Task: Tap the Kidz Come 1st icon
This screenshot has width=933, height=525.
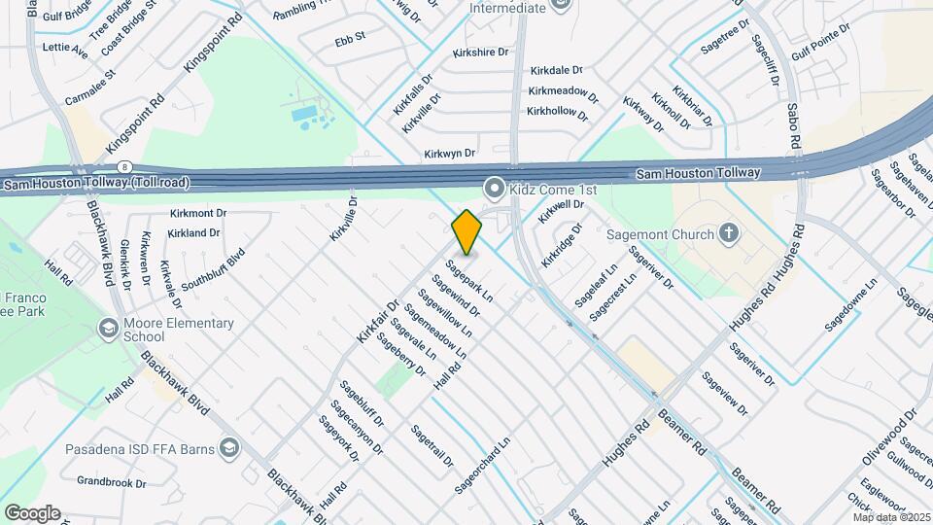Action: pyautogui.click(x=495, y=186)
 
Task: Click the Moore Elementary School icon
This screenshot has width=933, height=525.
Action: pyautogui.click(x=107, y=330)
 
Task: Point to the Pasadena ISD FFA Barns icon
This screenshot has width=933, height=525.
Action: pyautogui.click(x=228, y=448)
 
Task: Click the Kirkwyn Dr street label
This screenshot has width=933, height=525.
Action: pyautogui.click(x=449, y=154)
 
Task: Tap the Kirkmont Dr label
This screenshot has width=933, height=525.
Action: pyautogui.click(x=197, y=212)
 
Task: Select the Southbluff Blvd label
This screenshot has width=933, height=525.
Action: pyautogui.click(x=212, y=270)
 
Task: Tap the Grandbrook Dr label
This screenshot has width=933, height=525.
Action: pyautogui.click(x=111, y=482)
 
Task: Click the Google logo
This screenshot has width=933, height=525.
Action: pyautogui.click(x=31, y=512)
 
